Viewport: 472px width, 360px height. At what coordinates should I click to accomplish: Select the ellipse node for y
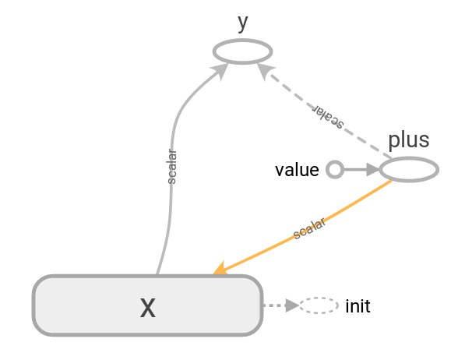[x=243, y=52]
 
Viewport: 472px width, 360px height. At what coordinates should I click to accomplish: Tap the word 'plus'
[x=409, y=140]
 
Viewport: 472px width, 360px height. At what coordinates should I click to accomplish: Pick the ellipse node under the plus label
[x=409, y=169]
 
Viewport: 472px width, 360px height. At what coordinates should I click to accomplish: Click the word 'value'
[x=297, y=170]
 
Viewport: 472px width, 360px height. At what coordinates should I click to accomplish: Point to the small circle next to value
[x=334, y=169]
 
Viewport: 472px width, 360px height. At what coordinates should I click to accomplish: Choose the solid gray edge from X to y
[x=171, y=203]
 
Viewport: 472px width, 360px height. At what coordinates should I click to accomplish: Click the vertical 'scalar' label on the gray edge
[x=172, y=167]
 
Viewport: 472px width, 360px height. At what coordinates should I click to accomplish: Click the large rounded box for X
[x=93, y=306]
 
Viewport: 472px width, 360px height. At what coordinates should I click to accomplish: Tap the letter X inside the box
[x=147, y=308]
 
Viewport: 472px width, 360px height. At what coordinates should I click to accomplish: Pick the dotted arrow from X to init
[x=279, y=306]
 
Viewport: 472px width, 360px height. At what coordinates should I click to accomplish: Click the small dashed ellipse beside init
[x=319, y=306]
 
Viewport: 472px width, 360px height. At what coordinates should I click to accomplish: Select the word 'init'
[x=358, y=306]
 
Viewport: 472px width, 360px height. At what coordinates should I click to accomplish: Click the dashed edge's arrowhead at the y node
[x=265, y=69]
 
